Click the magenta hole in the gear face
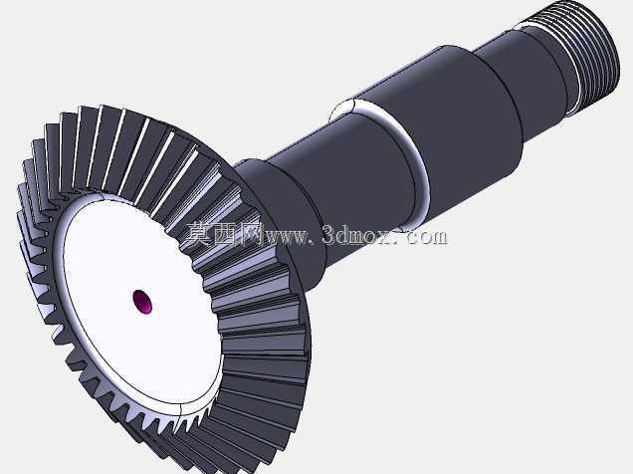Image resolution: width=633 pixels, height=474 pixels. pyautogui.click(x=142, y=301)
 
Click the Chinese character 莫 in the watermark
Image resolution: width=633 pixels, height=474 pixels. pyautogui.click(x=199, y=235)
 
